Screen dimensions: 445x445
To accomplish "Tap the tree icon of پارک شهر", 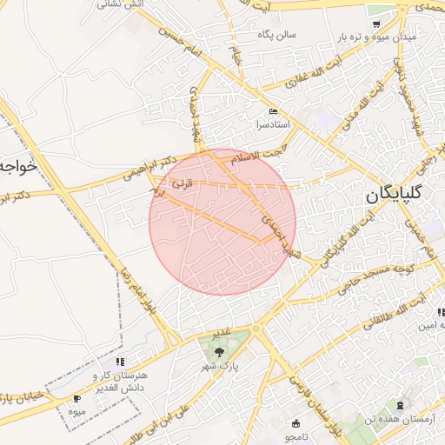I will coord(219,352).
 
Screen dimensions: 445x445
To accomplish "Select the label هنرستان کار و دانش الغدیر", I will coord(120,380).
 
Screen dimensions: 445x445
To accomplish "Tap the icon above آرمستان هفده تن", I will coord(400,406).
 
